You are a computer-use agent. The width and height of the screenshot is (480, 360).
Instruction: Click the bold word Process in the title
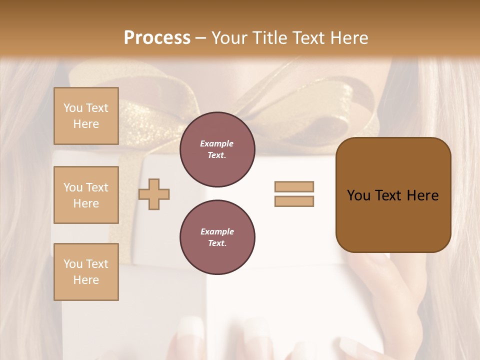[x=157, y=38]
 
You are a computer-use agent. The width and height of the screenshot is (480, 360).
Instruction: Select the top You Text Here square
[x=86, y=116]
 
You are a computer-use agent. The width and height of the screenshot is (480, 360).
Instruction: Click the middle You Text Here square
[x=86, y=195]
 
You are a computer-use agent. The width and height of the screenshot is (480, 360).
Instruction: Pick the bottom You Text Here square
[x=86, y=272]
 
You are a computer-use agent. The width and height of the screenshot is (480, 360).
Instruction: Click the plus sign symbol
[x=154, y=194]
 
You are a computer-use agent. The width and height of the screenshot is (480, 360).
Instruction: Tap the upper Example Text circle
[x=217, y=149]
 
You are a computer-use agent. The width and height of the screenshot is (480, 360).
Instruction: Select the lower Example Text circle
[x=217, y=237]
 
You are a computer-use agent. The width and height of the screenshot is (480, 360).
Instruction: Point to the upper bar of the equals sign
[x=294, y=186]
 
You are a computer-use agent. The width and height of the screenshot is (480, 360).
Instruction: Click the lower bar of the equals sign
[x=294, y=201]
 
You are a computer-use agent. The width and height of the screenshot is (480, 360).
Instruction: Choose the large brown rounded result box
[x=393, y=195]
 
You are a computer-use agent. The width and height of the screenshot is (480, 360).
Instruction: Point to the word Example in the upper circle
[x=217, y=143]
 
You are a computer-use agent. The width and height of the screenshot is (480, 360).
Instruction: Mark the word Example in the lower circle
[x=217, y=231]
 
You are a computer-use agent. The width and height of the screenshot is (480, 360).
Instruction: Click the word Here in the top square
[x=86, y=124]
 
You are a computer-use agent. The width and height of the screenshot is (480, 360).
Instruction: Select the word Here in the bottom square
[x=86, y=280]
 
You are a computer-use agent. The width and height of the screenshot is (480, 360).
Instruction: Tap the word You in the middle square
[x=72, y=187]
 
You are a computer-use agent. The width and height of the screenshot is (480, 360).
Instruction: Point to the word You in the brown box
[x=359, y=195]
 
